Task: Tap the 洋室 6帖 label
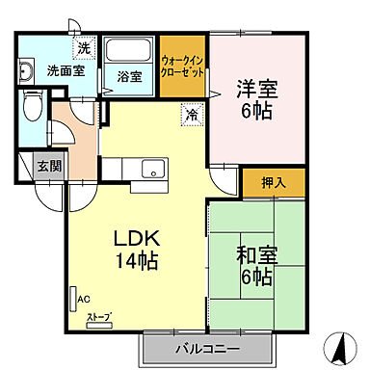pos(256,100)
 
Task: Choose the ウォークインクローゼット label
pos(182,65)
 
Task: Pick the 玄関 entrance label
pos(49,166)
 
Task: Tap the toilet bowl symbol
pos(33,105)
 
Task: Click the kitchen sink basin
pos(154,171)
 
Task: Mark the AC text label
pos(85,300)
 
